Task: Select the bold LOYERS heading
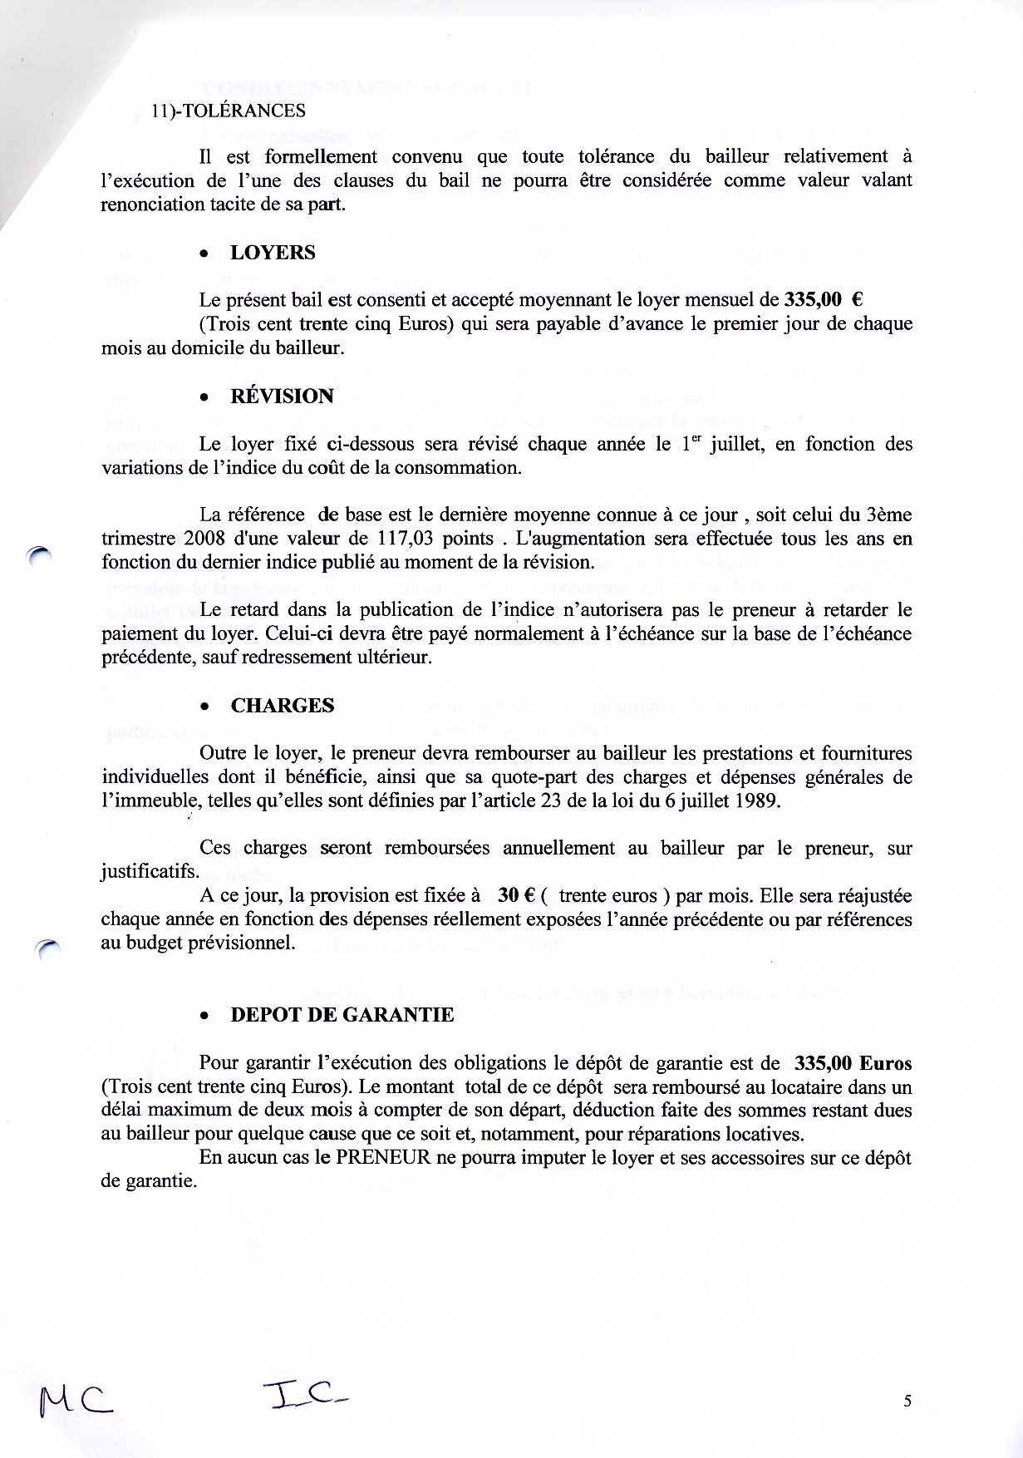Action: pos(273,253)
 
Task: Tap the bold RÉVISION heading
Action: pos(282,396)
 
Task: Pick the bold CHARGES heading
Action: pos(283,706)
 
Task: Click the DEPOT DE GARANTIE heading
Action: pos(342,1015)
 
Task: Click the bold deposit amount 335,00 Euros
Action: pos(853,1063)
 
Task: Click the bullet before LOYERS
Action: pos(204,254)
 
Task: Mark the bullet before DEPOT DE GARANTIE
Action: pos(204,1017)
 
